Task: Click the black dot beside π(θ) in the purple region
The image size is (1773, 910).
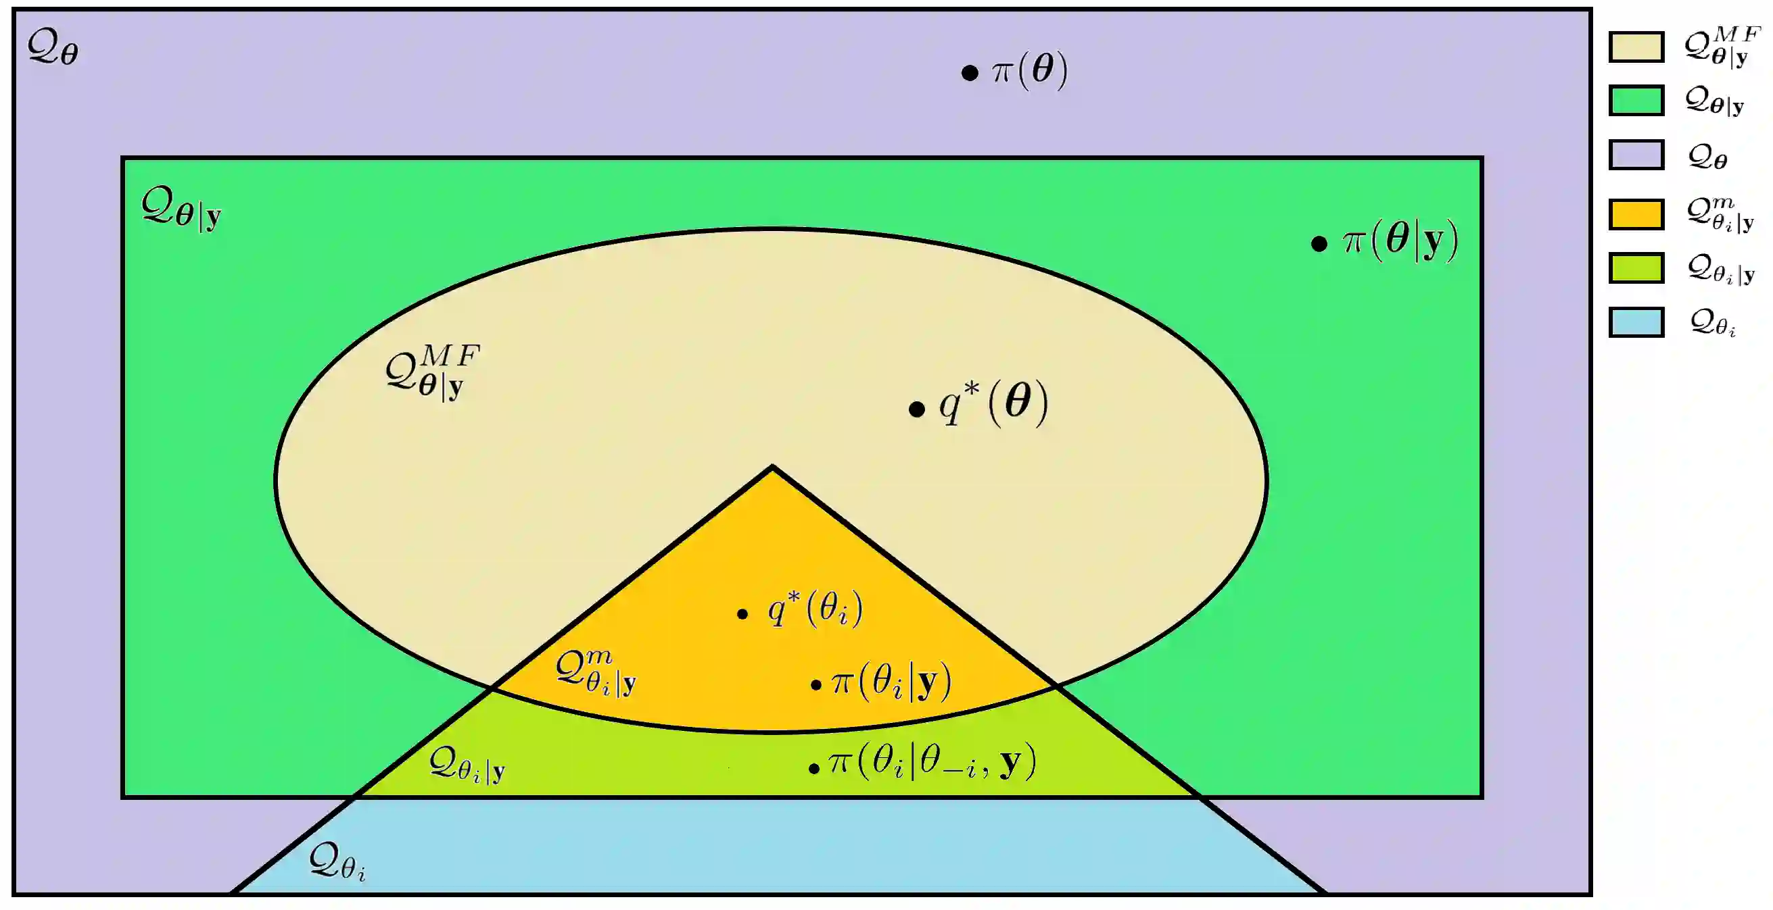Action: (969, 72)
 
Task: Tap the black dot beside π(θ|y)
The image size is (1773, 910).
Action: (1319, 243)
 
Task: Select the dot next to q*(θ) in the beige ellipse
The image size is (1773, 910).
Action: (916, 410)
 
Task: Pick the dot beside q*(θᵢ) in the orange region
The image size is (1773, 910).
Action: (742, 613)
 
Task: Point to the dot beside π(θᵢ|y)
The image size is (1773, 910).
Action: (815, 684)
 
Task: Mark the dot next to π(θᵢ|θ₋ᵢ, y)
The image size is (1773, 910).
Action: (813, 768)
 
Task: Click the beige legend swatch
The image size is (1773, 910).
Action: (1636, 47)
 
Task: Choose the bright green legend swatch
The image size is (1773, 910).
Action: (1636, 101)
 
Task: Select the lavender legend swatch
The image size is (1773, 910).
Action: (1636, 155)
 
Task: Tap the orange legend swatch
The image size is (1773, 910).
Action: (1636, 214)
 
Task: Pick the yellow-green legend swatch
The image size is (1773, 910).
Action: (1636, 268)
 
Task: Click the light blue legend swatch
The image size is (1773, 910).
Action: (1636, 322)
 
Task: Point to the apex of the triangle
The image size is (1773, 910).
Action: (772, 467)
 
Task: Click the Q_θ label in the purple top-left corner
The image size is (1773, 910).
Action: (53, 48)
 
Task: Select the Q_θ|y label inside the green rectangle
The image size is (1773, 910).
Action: (181, 209)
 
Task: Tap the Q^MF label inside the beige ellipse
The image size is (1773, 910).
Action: (432, 372)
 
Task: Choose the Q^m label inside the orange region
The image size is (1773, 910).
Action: (595, 674)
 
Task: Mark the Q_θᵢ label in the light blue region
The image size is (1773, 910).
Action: (337, 861)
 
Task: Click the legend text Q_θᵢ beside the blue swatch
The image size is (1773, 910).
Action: (1712, 323)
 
